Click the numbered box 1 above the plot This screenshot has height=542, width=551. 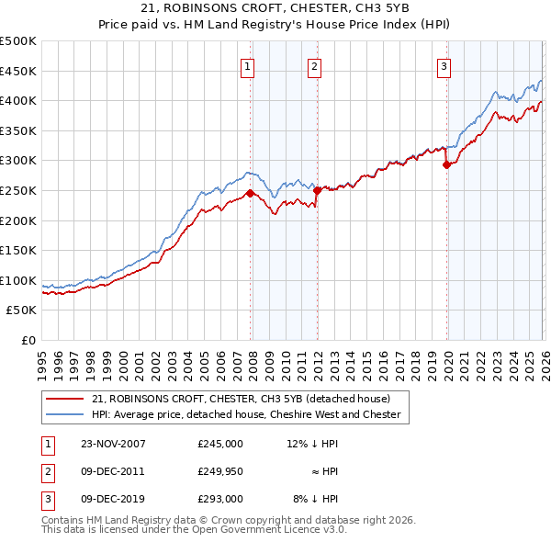coord(249,66)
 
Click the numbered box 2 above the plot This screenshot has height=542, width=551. coord(314,66)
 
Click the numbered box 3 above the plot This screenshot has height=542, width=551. coord(444,66)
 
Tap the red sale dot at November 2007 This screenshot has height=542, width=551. coord(250,193)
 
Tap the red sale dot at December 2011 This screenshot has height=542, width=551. coord(316,190)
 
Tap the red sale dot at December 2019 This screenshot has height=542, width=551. coord(446,165)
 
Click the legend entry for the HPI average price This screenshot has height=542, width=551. coord(246,414)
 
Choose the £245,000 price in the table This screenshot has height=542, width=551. coord(219,443)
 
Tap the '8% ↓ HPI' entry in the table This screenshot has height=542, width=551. coord(316,499)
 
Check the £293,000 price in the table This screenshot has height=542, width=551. coord(219,499)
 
